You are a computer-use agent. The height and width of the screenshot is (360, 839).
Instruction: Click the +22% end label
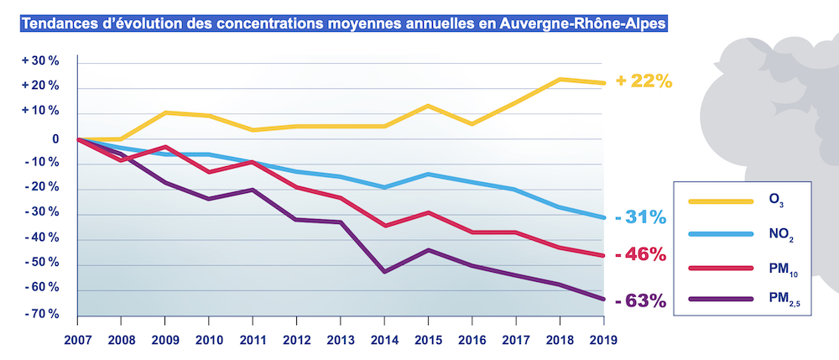644,81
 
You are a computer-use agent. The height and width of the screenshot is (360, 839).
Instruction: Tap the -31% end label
640,217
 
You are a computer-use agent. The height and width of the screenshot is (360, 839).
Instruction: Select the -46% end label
640,254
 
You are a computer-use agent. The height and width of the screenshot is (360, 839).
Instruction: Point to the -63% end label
640,300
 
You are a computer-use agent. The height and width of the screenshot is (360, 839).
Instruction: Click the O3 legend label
776,201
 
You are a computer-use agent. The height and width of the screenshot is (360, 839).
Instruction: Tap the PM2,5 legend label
779,300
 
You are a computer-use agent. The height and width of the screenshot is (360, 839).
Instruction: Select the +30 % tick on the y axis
40,61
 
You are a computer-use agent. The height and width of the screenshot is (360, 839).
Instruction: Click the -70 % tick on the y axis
40,314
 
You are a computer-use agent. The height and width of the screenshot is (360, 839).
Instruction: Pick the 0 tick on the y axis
54,139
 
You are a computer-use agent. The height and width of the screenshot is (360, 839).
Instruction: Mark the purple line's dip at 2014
383,271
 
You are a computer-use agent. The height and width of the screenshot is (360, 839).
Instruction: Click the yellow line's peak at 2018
560,79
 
